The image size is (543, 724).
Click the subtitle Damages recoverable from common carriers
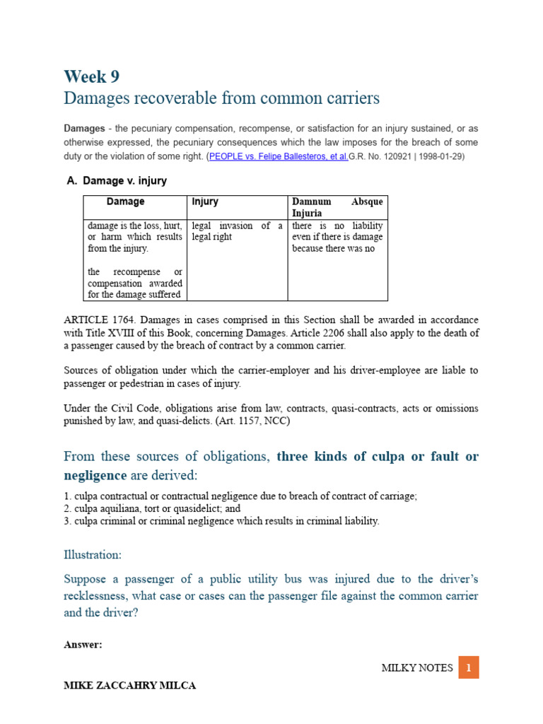221,98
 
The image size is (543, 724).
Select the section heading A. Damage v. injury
117,181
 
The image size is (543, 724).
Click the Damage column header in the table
125,202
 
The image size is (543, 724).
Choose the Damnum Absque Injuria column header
337,207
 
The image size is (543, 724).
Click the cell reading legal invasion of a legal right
237,231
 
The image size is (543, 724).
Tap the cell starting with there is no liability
337,237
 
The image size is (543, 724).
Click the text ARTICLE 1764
95,320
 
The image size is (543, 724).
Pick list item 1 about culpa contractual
240,496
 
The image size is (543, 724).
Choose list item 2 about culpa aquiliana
152,508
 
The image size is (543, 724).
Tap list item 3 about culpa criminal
221,520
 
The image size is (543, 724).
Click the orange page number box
468,667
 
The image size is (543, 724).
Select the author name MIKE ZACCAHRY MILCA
130,685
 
